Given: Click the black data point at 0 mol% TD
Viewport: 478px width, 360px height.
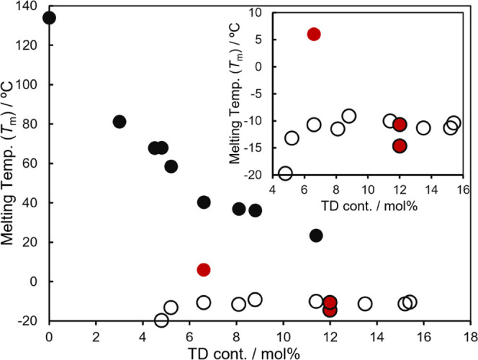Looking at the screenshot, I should [49, 18].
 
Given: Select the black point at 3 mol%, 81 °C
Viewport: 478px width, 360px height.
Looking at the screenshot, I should [119, 122].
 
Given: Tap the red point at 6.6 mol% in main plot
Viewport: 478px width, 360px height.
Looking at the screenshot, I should [204, 270].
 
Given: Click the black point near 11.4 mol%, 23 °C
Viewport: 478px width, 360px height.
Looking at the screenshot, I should [316, 235].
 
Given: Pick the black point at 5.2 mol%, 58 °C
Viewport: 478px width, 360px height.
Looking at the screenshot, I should [171, 166].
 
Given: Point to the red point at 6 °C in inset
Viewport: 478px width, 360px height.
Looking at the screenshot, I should [314, 34].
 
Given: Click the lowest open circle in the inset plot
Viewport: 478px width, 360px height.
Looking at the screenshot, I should [285, 173].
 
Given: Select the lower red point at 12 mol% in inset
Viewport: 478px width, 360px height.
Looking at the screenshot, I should [400, 145].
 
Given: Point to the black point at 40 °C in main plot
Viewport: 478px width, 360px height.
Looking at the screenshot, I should [204, 202].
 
